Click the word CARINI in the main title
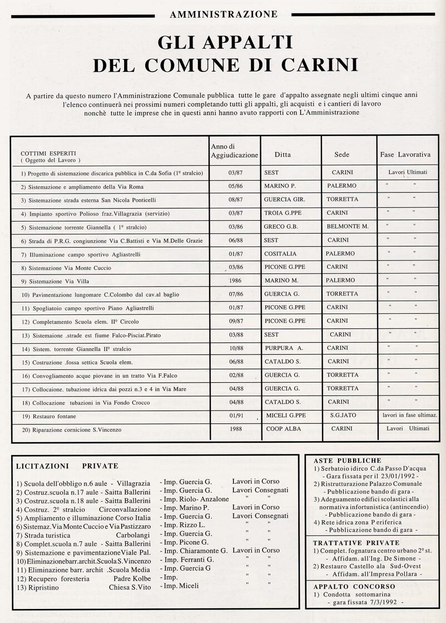click(x=322, y=65)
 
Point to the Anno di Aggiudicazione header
click(x=234, y=150)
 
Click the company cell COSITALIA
click(x=281, y=254)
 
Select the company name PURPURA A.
click(x=284, y=348)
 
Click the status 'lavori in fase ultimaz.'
click(x=409, y=416)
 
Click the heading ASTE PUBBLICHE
click(x=348, y=461)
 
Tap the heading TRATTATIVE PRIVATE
click(x=356, y=542)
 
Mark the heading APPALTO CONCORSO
click(x=354, y=586)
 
